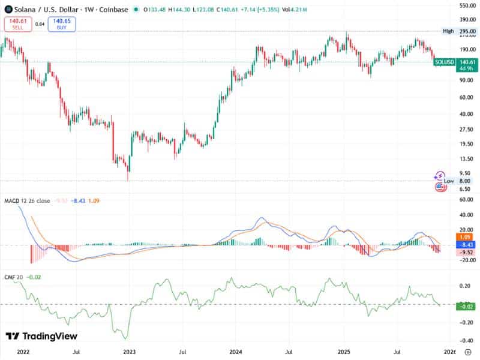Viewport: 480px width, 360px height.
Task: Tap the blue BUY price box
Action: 62,24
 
